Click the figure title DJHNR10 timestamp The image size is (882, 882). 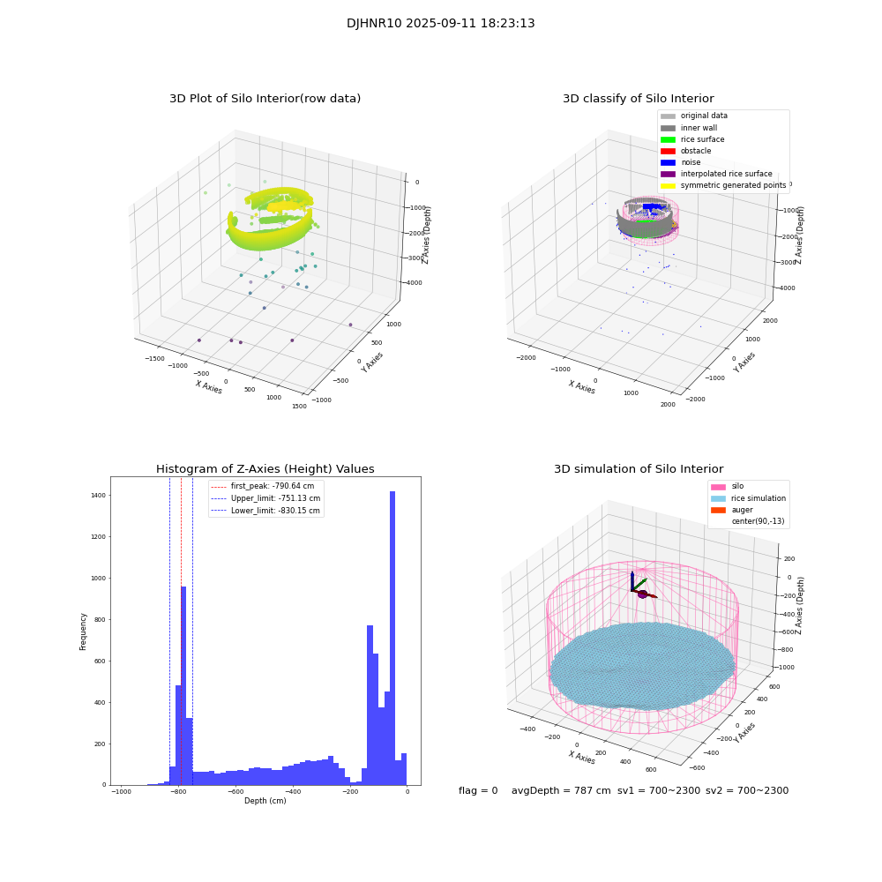point(440,24)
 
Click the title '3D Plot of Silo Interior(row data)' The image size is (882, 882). point(265,99)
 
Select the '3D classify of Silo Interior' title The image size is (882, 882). point(638,99)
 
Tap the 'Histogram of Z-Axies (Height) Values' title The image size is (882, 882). point(265,469)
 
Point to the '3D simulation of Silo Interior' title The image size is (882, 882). point(638,469)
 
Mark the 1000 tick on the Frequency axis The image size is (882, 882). point(97,579)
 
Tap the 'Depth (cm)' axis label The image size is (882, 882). point(265,801)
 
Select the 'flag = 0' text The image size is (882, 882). point(478,791)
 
